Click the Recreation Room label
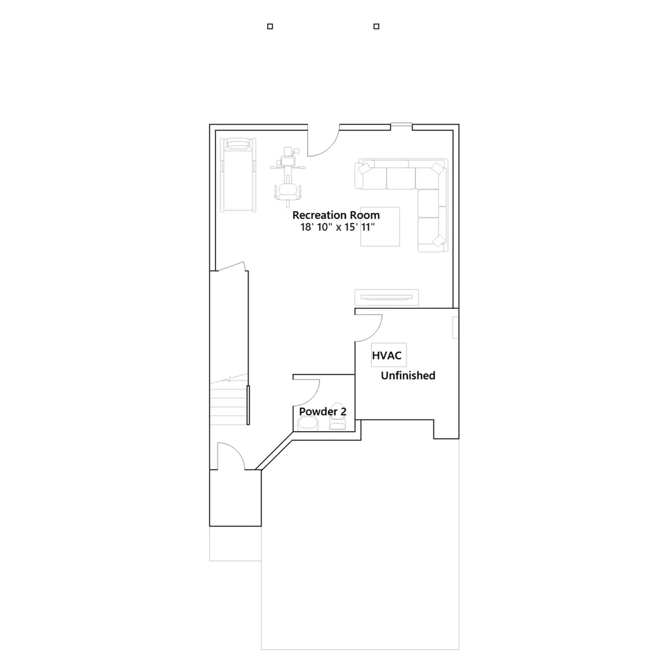(336, 215)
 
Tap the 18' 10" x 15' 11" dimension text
(337, 227)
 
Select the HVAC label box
(388, 355)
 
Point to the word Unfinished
(408, 375)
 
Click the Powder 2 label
(322, 411)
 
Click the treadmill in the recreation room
(238, 175)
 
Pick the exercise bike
(288, 176)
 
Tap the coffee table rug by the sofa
(380, 227)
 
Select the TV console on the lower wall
(386, 297)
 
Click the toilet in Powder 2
(337, 416)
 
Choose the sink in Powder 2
(308, 423)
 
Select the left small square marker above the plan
(270, 26)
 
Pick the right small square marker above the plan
(376, 26)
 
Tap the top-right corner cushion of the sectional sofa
(437, 169)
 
